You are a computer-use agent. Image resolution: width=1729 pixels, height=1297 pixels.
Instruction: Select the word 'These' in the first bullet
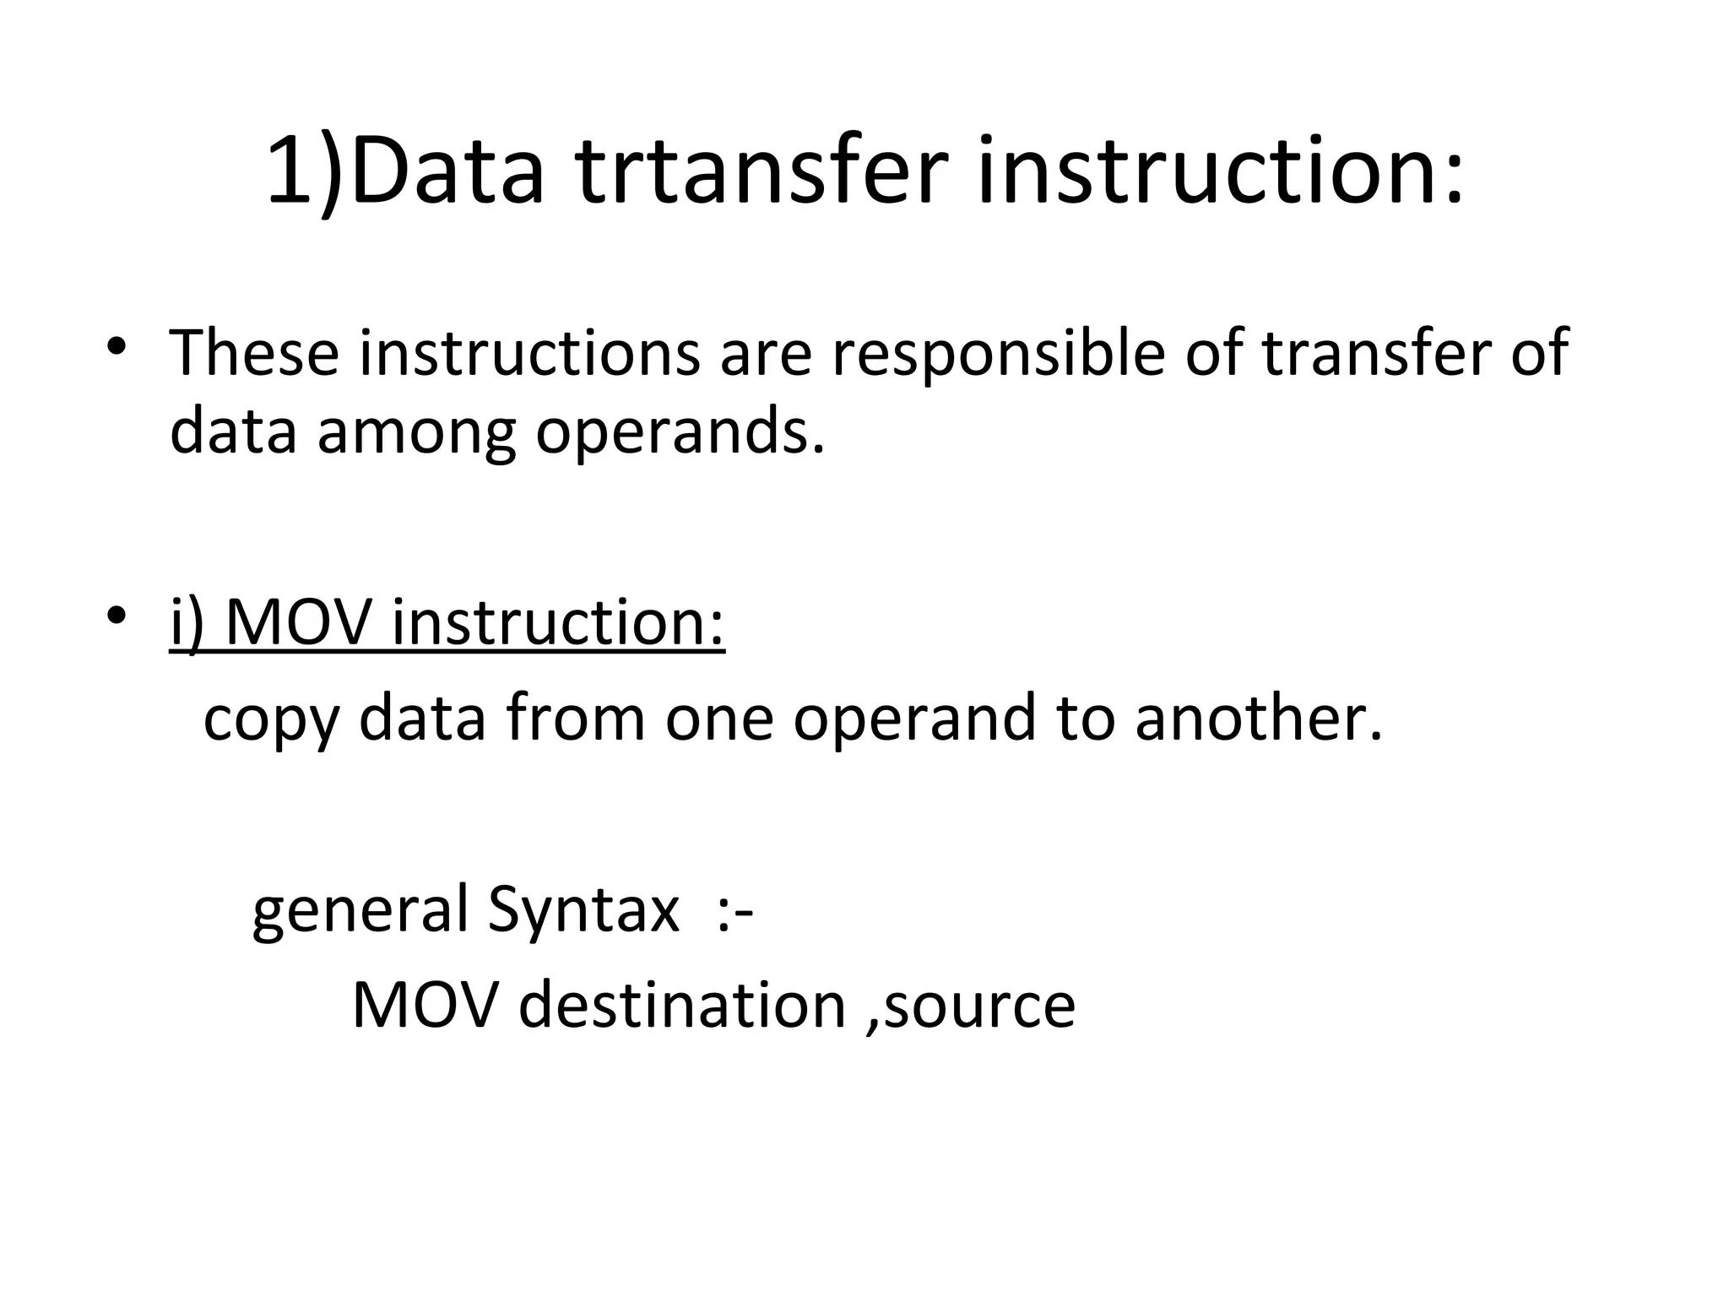254,353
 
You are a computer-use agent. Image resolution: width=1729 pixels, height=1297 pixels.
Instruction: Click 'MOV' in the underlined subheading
298,622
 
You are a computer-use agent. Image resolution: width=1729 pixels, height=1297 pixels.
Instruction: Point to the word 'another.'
1259,718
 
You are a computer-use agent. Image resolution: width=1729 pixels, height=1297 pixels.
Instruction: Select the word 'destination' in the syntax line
682,1005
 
